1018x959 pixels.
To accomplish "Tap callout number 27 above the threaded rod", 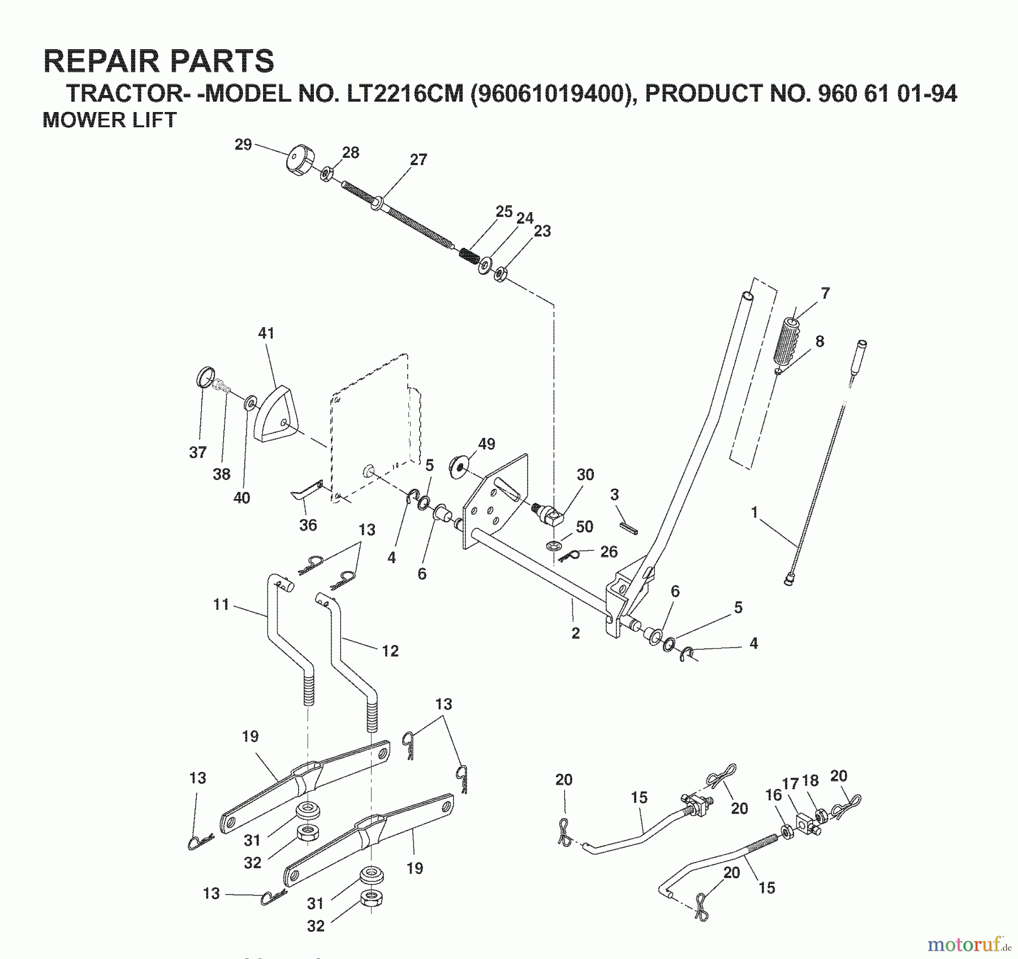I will click(418, 160).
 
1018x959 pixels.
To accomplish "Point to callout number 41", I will click(266, 333).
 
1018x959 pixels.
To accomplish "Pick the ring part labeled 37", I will click(205, 377).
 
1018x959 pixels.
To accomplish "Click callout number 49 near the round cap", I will click(486, 444).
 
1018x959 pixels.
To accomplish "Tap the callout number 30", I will click(585, 475).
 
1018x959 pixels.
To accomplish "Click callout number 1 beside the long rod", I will click(754, 513).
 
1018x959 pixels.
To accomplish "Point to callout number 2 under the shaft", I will click(575, 633).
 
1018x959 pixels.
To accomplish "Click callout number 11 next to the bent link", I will click(221, 604).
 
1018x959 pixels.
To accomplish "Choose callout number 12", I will click(390, 651).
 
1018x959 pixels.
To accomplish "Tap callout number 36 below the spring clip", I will click(308, 525).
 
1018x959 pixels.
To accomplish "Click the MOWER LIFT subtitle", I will click(110, 121).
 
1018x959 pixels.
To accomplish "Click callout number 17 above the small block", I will click(790, 784).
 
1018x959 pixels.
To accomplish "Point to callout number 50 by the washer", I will click(584, 527).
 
